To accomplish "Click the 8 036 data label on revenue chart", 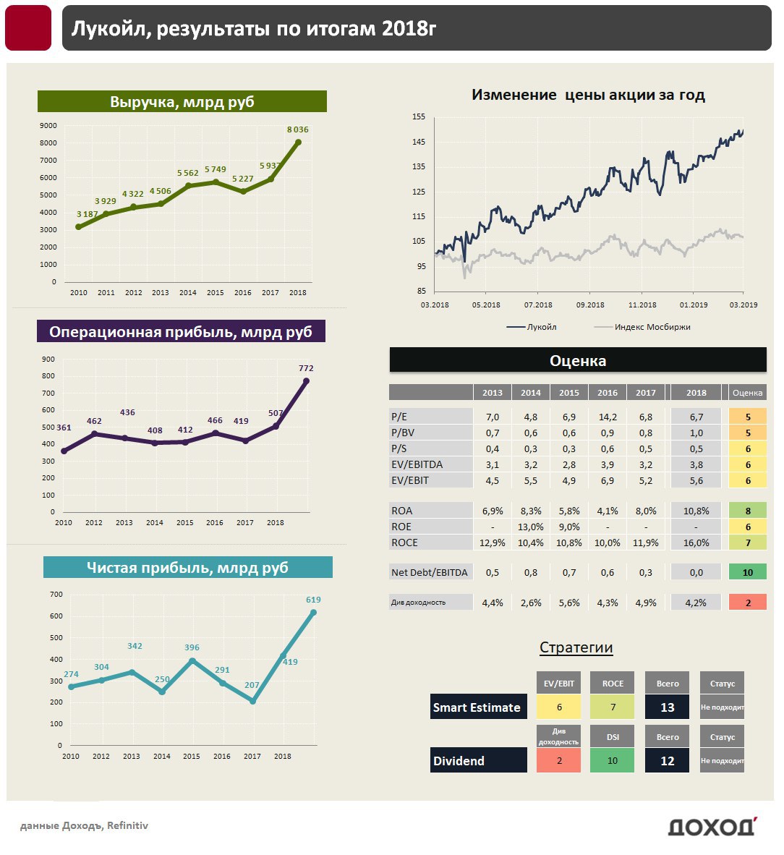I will tap(297, 129).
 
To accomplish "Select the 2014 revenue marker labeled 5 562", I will tap(188, 186).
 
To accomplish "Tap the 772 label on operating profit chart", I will tap(306, 368).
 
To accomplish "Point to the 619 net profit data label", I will tap(313, 600).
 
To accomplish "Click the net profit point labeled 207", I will tap(252, 701).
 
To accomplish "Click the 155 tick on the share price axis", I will tap(419, 116).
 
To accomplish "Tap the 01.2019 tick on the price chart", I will tap(694, 305).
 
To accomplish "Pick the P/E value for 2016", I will tap(608, 417).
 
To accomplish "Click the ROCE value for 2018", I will tap(696, 543).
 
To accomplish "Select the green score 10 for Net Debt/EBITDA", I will tap(747, 572).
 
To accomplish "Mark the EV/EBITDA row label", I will tap(417, 464).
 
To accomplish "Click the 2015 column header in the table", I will tap(569, 393).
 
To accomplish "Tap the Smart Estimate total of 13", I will tap(667, 707).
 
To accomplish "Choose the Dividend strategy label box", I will tap(478, 760).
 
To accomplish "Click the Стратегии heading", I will tap(576, 647).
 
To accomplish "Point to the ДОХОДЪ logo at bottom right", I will tap(712, 826).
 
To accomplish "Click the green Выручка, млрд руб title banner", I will tap(182, 102).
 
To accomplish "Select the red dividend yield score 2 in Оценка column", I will tap(747, 603).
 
